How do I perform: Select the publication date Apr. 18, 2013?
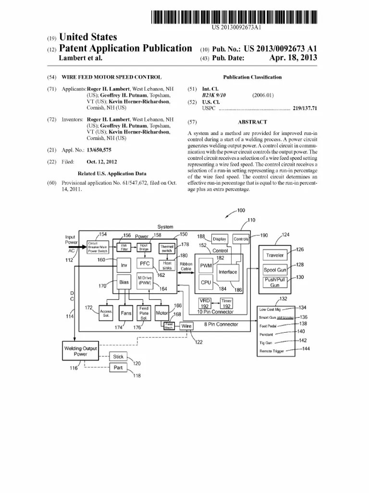pyautogui.click(x=294, y=58)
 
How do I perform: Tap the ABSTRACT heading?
pyautogui.click(x=252, y=122)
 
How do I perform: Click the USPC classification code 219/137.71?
pyautogui.click(x=305, y=109)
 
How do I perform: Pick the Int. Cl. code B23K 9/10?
pyautogui.click(x=214, y=95)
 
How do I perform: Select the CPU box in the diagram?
pyautogui.click(x=206, y=282)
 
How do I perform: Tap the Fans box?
pyautogui.click(x=126, y=313)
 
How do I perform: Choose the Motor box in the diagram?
pyautogui.click(x=162, y=313)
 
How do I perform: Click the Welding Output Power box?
pyautogui.click(x=80, y=351)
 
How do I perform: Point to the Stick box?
pyautogui.click(x=118, y=357)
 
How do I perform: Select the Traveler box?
pyautogui.click(x=275, y=255)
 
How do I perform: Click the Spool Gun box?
pyautogui.click(x=275, y=270)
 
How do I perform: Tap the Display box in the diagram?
pyautogui.click(x=219, y=239)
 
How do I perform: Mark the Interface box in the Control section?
pyautogui.click(x=228, y=272)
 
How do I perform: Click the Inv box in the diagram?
pyautogui.click(x=124, y=265)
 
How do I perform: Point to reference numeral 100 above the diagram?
pyautogui.click(x=241, y=210)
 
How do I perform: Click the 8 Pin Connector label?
pyautogui.click(x=221, y=324)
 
